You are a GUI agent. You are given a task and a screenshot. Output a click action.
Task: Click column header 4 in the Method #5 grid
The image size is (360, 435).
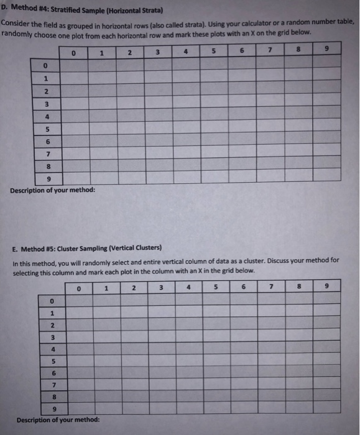(188, 287)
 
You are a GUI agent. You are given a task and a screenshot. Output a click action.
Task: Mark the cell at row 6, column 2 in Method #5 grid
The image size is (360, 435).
(134, 373)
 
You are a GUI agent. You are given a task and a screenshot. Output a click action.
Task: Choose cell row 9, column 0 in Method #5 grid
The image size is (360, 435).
(79, 409)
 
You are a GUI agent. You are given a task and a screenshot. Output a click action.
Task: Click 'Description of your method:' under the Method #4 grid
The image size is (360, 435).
(53, 190)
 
